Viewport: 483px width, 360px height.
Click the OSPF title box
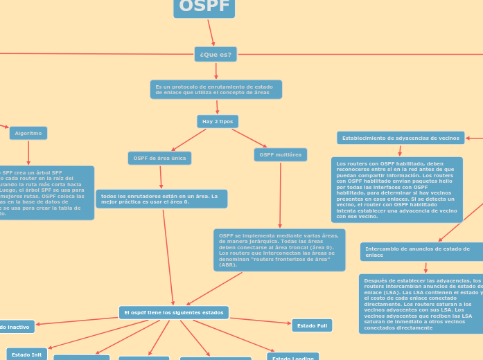point(204,8)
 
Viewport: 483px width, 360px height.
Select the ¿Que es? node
point(216,54)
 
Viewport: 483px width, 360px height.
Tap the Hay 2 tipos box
point(218,121)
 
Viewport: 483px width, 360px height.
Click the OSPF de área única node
point(159,158)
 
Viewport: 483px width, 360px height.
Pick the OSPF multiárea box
point(280,155)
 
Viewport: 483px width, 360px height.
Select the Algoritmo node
point(28,133)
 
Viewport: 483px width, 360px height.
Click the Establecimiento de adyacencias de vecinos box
point(401,138)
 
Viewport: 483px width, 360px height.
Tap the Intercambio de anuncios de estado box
point(421,252)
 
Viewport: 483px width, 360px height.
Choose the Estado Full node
point(312,325)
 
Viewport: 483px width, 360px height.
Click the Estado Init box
point(27,354)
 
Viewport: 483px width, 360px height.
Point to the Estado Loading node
point(292,357)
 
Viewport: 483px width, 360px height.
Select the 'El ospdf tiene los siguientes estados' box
point(174,313)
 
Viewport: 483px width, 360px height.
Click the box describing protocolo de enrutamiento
point(216,89)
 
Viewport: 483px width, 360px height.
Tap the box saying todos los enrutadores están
point(161,199)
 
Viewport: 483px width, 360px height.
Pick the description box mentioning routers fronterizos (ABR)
point(279,250)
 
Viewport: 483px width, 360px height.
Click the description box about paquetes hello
point(396,190)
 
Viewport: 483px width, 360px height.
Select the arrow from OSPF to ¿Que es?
point(211,32)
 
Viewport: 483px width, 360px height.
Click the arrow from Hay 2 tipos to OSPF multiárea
point(249,137)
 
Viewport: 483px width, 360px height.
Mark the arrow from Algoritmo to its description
point(28,152)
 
